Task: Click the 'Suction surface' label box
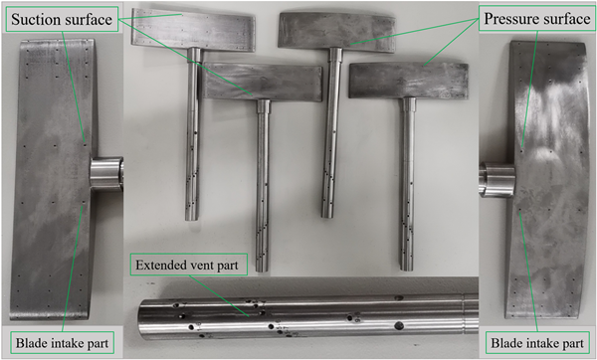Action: [62, 19]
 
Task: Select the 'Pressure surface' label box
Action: [537, 18]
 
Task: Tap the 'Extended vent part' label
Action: [188, 265]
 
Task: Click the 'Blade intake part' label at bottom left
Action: [62, 343]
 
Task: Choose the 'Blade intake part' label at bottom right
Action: [537, 343]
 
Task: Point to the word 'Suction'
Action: [36, 19]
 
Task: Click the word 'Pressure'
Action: [508, 18]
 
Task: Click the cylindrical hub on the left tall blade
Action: [106, 173]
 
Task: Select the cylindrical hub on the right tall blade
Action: [497, 179]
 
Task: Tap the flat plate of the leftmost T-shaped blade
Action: [193, 30]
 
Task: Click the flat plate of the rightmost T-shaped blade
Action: [409, 81]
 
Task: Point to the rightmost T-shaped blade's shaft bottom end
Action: [407, 268]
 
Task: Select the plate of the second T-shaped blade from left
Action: [263, 83]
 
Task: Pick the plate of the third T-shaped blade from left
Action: [337, 32]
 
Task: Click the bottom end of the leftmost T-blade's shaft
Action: [192, 218]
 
